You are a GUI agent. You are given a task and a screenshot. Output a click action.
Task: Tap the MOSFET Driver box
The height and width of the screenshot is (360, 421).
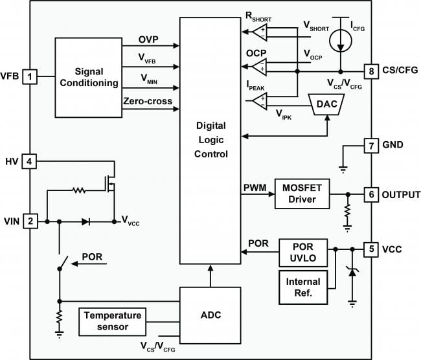[x=302, y=193]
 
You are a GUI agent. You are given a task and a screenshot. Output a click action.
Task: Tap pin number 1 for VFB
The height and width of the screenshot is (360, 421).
[x=30, y=77]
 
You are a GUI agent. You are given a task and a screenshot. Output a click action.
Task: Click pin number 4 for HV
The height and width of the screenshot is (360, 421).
[x=30, y=160]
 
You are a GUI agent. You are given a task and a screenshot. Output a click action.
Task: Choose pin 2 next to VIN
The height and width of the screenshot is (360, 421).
[x=30, y=221]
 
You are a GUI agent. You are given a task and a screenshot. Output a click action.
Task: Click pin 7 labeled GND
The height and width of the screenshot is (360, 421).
[x=370, y=146]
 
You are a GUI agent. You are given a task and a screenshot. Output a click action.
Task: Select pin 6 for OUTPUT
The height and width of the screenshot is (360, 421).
[x=370, y=194]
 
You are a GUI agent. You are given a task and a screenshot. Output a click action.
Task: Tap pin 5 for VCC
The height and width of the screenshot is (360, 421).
[x=370, y=249]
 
